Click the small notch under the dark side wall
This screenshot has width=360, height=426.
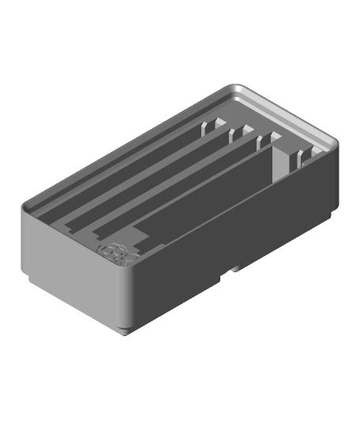tap(234, 268)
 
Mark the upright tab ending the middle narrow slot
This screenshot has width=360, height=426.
tap(236, 136)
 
